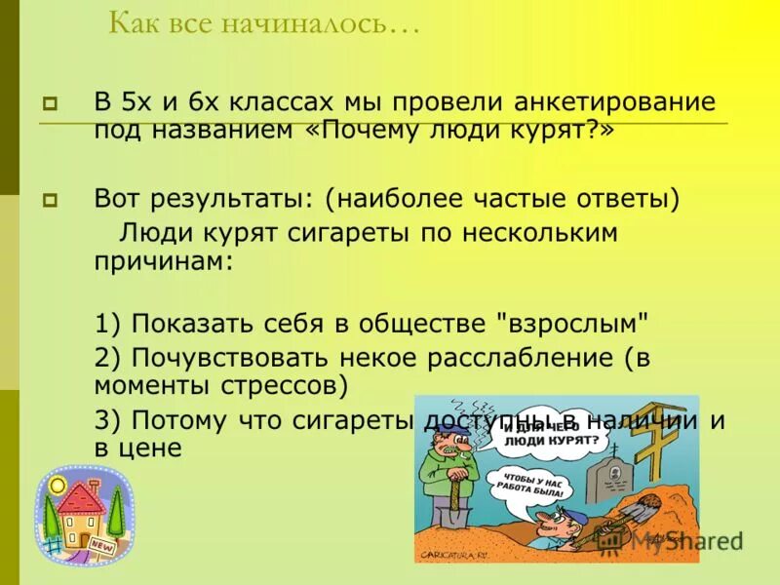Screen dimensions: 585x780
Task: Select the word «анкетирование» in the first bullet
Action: coord(607,102)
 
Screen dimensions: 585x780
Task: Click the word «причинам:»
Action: coord(164,262)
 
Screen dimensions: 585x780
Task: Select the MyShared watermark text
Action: coord(682,540)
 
